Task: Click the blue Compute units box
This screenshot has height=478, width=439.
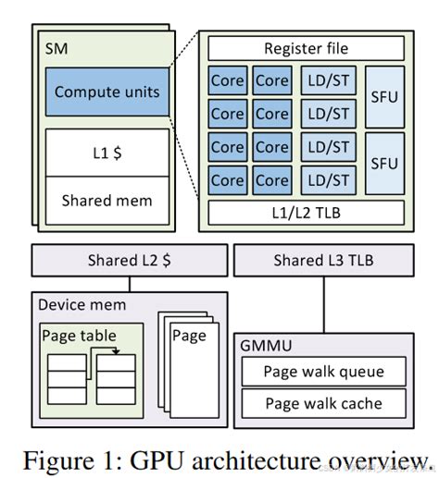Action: coord(107,92)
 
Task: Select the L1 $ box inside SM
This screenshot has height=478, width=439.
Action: coord(107,152)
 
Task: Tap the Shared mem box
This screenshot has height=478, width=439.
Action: coord(107,199)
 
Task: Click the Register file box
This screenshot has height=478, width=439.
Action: coord(306,49)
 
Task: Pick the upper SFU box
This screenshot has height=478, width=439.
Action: coord(383,96)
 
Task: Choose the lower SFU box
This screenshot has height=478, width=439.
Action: coord(383,163)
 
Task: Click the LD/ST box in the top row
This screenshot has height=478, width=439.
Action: coord(328,80)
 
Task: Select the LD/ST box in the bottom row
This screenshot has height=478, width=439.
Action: coord(328,179)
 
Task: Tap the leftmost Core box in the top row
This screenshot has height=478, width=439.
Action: coord(228,80)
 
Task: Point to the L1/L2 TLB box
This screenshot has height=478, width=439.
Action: coord(306,212)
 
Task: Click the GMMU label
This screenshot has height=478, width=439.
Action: coord(266,345)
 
